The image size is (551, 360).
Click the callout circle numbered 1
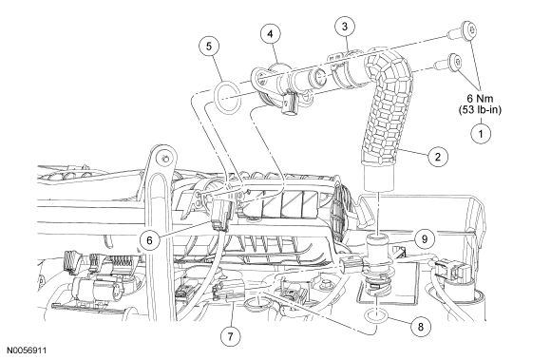(x=481, y=134)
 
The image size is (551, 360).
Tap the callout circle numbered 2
(x=438, y=157)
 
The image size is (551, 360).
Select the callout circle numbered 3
(x=345, y=27)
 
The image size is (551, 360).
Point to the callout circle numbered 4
(x=271, y=33)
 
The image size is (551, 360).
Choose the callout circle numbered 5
(x=209, y=47)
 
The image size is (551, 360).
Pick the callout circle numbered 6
(x=150, y=240)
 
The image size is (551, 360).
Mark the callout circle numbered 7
(x=231, y=336)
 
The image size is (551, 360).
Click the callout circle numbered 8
(x=421, y=327)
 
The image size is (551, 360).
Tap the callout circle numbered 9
(x=425, y=239)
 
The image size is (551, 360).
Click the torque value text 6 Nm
(x=480, y=99)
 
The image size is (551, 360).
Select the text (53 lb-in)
(x=480, y=110)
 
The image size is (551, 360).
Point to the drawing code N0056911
(x=27, y=351)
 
